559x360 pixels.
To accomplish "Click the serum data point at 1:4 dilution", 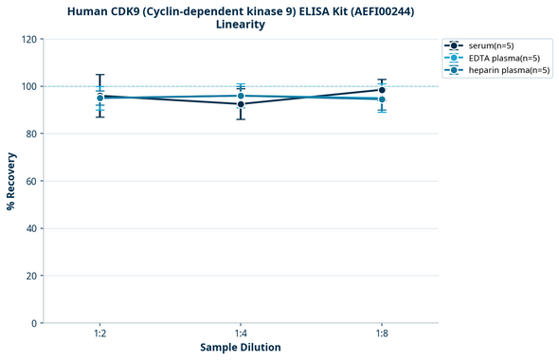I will click(x=241, y=104).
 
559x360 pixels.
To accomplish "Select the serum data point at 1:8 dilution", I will click(x=382, y=90).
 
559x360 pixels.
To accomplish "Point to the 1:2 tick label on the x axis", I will click(x=99, y=333).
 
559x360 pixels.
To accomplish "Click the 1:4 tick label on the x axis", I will click(x=241, y=333).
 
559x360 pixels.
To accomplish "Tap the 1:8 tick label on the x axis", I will click(x=382, y=333).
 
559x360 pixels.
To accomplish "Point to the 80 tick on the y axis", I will click(x=32, y=134).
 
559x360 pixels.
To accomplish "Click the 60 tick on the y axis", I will click(x=32, y=181).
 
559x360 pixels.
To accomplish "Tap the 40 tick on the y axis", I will click(x=32, y=228).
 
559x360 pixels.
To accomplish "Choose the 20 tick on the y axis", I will click(x=32, y=276).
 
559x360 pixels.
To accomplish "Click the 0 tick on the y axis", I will click(x=35, y=323).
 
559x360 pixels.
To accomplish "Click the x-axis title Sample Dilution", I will click(x=241, y=348).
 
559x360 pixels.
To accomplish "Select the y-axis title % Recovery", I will click(x=11, y=181).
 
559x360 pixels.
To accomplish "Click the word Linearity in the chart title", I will click(x=241, y=25).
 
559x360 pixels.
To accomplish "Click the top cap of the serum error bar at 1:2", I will click(x=99, y=75).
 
